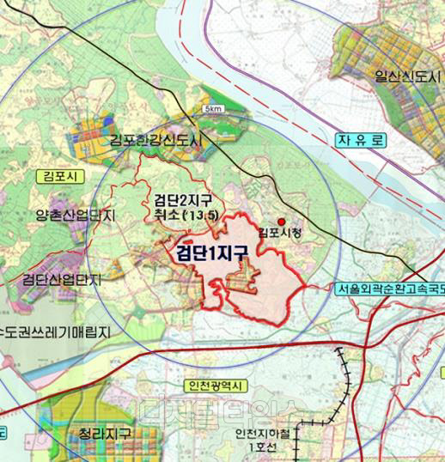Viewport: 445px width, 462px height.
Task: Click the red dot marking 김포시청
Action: [x=281, y=222]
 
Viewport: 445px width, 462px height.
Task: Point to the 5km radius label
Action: [x=214, y=109]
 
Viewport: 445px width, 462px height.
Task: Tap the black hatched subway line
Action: [x=345, y=378]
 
